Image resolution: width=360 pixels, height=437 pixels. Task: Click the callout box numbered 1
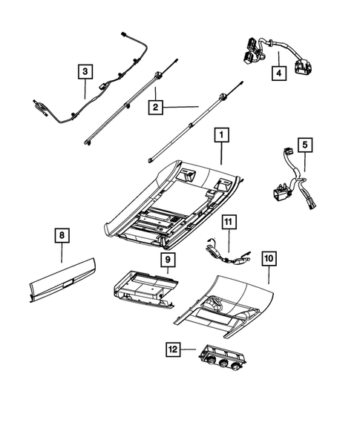pyautogui.click(x=220, y=136)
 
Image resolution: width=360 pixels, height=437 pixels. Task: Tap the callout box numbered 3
pyautogui.click(x=86, y=72)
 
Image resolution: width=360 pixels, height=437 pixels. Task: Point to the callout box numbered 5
pyautogui.click(x=305, y=145)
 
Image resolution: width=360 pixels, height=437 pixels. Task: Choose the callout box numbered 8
pyautogui.click(x=62, y=237)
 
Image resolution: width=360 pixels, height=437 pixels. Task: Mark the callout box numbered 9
pyautogui.click(x=168, y=260)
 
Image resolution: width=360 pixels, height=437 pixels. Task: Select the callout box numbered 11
pyautogui.click(x=229, y=221)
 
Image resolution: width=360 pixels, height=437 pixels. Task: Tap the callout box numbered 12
pyautogui.click(x=174, y=348)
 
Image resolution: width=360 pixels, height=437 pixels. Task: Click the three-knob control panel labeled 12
pyautogui.click(x=223, y=359)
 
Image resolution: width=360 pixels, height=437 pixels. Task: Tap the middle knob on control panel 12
pyautogui.click(x=222, y=364)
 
